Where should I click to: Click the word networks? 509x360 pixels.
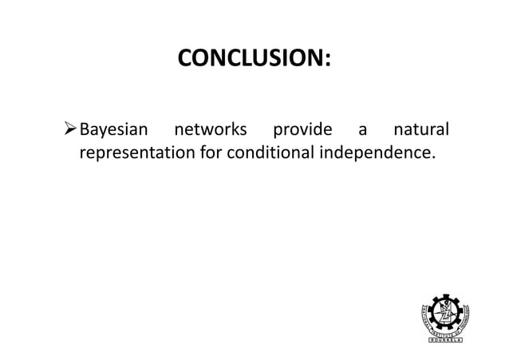(x=211, y=129)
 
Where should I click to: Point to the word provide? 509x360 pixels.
(x=302, y=129)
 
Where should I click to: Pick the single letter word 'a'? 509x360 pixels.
(x=362, y=130)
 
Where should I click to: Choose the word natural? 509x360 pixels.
(x=420, y=129)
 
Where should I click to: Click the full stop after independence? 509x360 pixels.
(x=435, y=156)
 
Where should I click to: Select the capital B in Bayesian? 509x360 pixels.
(x=85, y=129)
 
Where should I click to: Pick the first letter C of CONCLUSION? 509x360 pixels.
(x=183, y=59)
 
